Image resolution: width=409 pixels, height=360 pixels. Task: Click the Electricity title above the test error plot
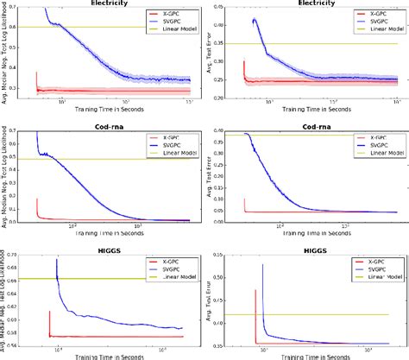(x=314, y=4)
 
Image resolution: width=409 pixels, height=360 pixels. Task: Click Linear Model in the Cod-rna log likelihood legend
(x=174, y=152)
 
